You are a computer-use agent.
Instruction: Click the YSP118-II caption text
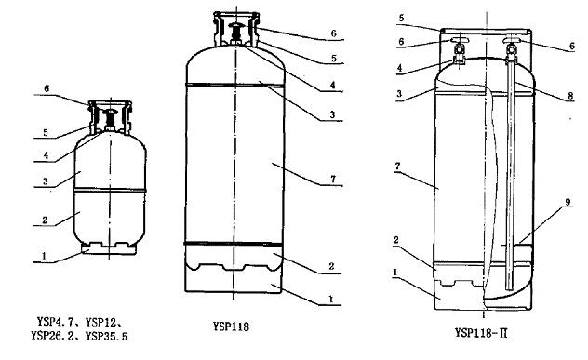(481, 333)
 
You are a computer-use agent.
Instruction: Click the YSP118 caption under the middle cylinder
(231, 327)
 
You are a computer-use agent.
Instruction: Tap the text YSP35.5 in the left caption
(106, 336)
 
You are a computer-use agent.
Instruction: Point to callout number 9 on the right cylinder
(568, 202)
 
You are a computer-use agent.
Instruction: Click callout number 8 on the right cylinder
(570, 96)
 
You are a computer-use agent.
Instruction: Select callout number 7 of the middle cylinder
(333, 180)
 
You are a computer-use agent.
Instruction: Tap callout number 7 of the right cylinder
(398, 166)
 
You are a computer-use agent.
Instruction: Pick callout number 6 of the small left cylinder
(47, 88)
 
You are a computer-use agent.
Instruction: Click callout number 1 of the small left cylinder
(45, 256)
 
